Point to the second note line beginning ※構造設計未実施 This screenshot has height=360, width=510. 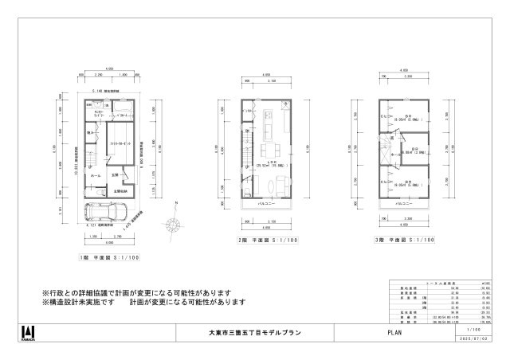[143, 303]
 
